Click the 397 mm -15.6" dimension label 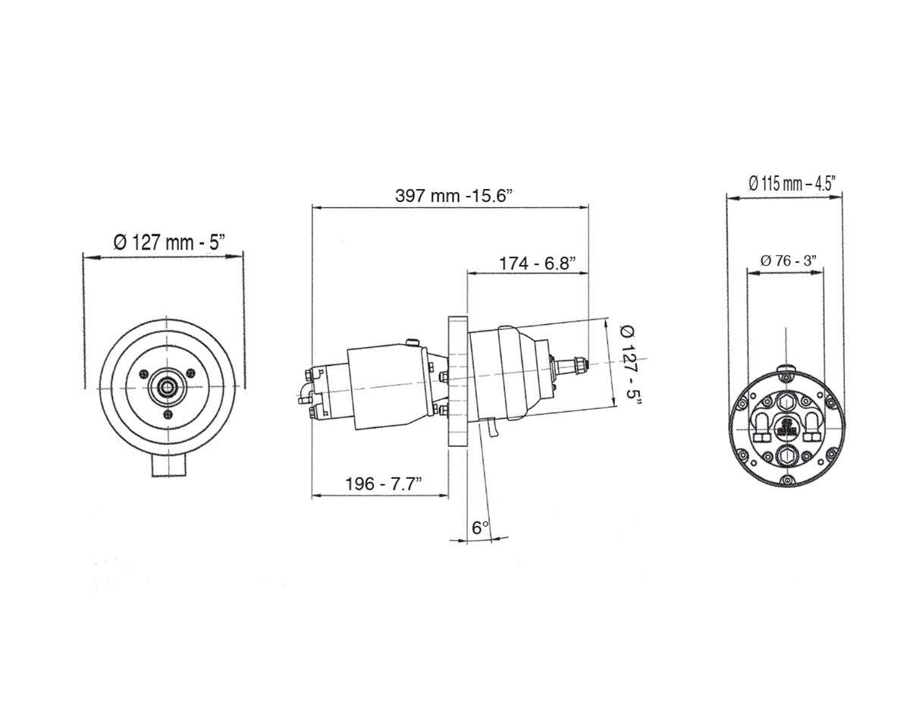tap(453, 196)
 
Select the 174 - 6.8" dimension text tap(538, 263)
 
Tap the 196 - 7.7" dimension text tap(384, 483)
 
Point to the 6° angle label tap(480, 528)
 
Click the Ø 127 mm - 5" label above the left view tap(169, 243)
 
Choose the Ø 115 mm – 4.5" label tap(792, 184)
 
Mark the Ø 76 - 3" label tap(788, 260)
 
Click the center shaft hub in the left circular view tap(168, 386)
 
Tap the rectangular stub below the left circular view tap(168, 466)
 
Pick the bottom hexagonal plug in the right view tap(786, 455)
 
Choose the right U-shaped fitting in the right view tap(811, 427)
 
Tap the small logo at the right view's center tap(786, 427)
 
